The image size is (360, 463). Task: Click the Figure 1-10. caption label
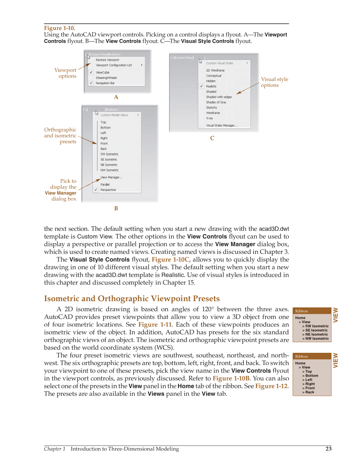60,28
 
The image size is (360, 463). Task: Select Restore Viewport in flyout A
107,60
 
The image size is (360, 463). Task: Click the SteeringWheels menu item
106,78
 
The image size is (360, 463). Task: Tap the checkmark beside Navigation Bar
91,83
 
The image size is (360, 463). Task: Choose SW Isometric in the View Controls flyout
109,154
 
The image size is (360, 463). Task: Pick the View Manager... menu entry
111,177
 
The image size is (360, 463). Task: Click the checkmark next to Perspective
96,190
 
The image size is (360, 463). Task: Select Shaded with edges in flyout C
219,97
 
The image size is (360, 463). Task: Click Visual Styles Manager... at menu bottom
222,126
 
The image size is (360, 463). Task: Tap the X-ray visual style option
209,118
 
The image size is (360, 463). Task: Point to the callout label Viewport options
65,73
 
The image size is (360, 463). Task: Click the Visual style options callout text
274,82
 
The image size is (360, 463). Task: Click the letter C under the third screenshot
212,138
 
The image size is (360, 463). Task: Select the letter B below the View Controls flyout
116,208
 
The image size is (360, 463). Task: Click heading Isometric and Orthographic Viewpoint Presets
132,298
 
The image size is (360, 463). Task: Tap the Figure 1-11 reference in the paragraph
155,325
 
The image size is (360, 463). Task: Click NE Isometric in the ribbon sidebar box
316,334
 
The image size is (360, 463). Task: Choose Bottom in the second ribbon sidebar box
311,376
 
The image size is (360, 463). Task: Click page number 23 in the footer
328,449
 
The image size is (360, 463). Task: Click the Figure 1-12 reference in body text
271,386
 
